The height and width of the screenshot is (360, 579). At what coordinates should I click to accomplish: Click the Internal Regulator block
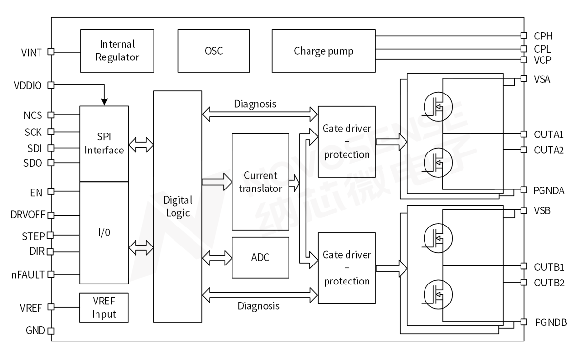pos(117,51)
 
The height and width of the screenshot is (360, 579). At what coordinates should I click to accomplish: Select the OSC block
pos(213,51)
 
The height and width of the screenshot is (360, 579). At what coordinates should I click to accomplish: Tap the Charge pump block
pos(324,51)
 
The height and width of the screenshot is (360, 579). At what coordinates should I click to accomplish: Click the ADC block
pos(260,257)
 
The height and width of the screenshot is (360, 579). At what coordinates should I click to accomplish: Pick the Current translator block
pos(260,182)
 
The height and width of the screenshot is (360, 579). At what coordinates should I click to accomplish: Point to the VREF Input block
pos(104,307)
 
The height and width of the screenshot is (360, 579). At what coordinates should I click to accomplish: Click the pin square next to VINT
pos(50,51)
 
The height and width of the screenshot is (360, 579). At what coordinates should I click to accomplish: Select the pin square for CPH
pos(523,36)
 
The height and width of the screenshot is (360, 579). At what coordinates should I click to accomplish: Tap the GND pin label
pos(36,331)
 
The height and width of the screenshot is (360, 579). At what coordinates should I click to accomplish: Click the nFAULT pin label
pos(27,274)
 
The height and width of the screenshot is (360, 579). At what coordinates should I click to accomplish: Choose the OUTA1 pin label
pos(548,134)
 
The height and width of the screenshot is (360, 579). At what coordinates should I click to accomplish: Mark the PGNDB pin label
pos(550,322)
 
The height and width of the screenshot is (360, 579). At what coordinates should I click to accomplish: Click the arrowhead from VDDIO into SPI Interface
pos(104,101)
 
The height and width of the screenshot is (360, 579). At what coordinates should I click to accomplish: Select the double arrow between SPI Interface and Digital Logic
pos(141,145)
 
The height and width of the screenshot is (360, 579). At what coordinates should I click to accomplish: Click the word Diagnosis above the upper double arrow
pos(255,104)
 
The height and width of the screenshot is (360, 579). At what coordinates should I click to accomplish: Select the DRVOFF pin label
pos(26,214)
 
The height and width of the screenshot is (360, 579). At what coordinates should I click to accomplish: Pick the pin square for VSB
pos(523,210)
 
